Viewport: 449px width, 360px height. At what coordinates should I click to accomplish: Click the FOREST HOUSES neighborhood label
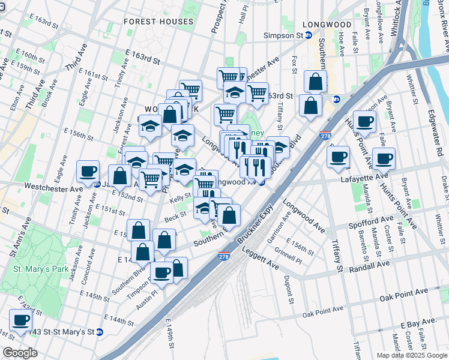(x=158, y=22)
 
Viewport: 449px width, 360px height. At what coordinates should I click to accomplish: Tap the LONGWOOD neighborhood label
(x=327, y=25)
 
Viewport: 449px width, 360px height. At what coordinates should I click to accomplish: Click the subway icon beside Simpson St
(x=309, y=35)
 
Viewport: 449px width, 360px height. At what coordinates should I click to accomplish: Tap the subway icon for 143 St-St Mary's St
(x=100, y=332)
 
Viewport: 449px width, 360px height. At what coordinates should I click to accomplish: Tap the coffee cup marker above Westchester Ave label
(x=88, y=171)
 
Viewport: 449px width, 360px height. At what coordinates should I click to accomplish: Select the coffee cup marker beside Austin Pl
(x=161, y=272)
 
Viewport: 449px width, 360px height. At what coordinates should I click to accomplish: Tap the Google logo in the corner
(x=20, y=353)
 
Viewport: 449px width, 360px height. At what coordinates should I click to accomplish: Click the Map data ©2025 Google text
(x=412, y=355)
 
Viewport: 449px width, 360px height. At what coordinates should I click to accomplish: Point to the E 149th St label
(x=172, y=337)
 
